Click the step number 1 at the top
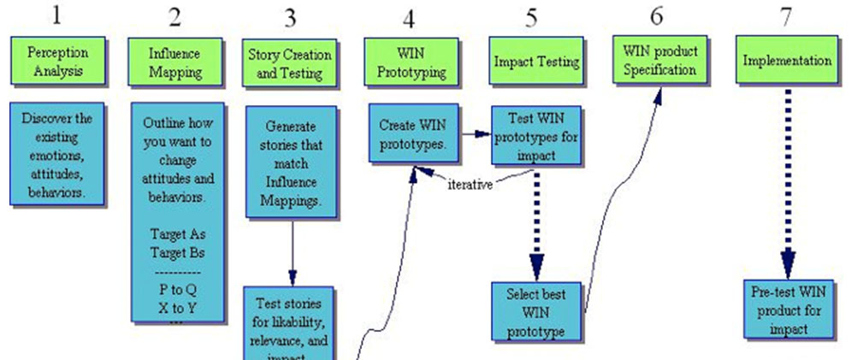click(x=56, y=15)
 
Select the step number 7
click(x=786, y=16)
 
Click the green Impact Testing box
click(x=537, y=62)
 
